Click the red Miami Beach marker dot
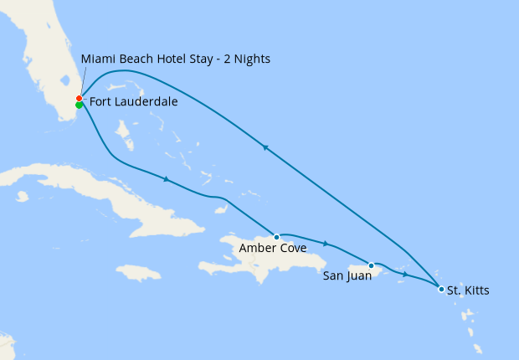pyautogui.click(x=79, y=99)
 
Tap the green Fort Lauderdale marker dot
pyautogui.click(x=79, y=105)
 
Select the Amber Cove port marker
pyautogui.click(x=276, y=237)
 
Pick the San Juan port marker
pyautogui.click(x=371, y=265)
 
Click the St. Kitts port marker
pyautogui.click(x=441, y=290)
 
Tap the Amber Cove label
pyautogui.click(x=272, y=249)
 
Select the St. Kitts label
pyautogui.click(x=468, y=291)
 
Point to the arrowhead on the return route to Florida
pyautogui.click(x=265, y=147)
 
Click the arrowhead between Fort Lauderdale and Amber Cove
pyautogui.click(x=167, y=179)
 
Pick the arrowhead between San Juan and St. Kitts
pyautogui.click(x=405, y=274)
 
